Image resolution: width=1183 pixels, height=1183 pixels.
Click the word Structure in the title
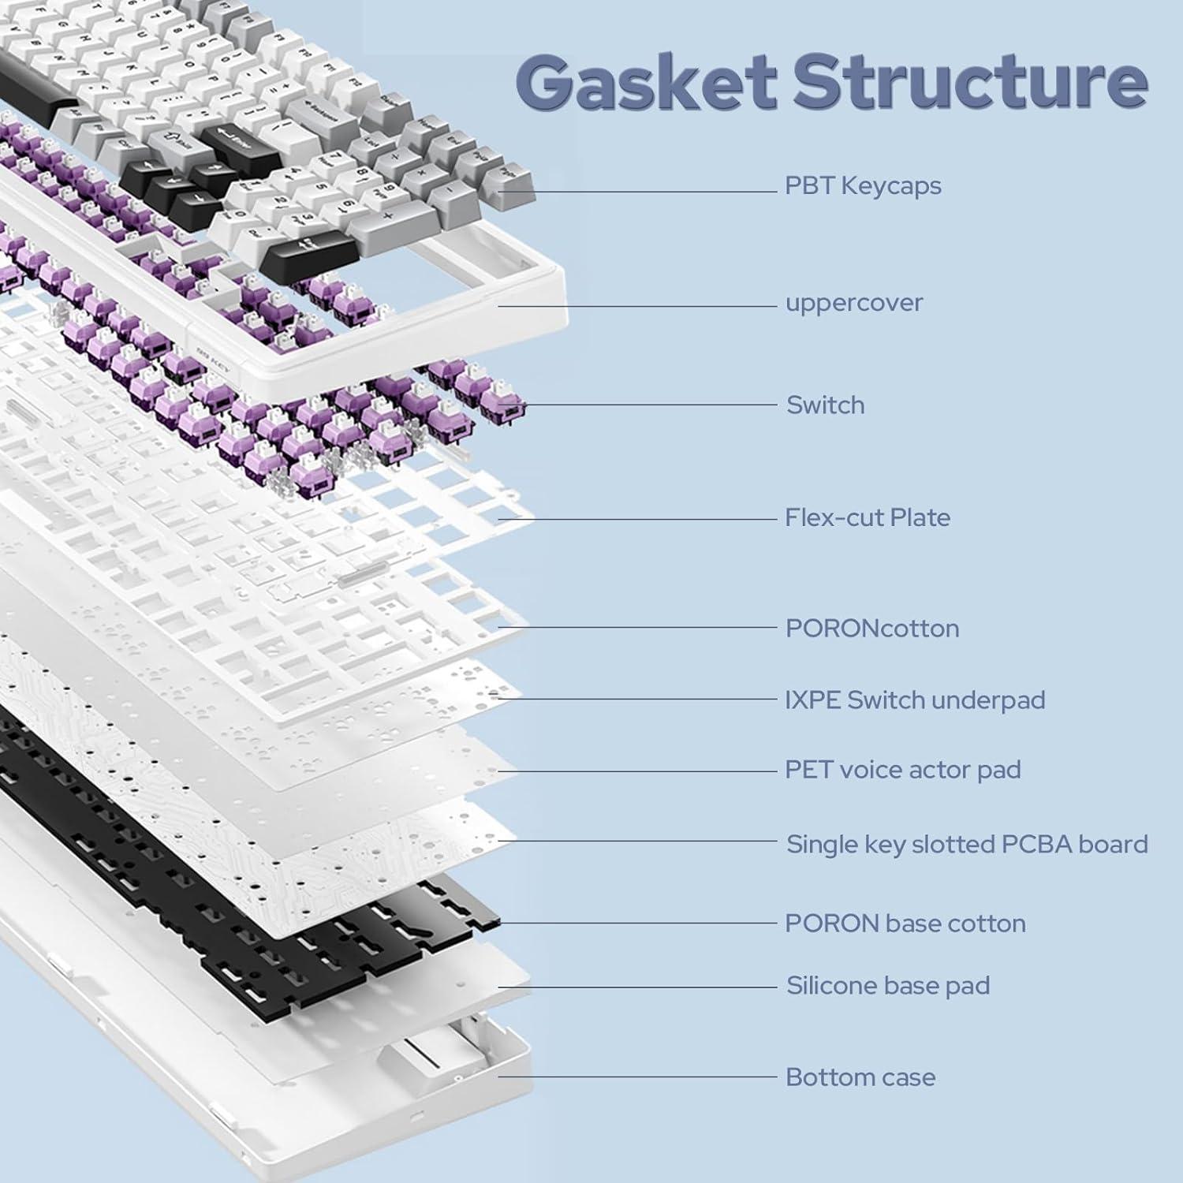coord(970,81)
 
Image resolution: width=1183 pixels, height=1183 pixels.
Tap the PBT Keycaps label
coord(863,186)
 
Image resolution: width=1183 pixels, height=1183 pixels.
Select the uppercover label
coord(854,303)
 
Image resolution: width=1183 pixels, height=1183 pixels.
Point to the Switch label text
coord(825,405)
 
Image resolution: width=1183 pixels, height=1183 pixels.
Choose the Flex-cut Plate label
coord(868,518)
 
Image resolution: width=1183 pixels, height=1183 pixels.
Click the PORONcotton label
coord(872,629)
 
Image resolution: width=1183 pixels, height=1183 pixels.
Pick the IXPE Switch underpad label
coord(915,700)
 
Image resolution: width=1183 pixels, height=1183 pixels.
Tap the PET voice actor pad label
coord(902,770)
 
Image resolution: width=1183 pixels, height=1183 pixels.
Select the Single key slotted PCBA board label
coord(967,845)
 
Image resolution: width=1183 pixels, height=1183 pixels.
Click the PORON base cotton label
coord(905,924)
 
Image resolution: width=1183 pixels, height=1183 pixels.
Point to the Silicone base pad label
coord(888,986)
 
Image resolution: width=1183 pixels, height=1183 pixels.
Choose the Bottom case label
coord(860,1077)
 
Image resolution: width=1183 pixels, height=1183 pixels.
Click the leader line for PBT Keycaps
coord(639,192)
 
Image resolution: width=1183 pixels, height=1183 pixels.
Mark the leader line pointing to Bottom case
coord(639,1077)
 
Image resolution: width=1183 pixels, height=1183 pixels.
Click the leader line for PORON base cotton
coord(639,923)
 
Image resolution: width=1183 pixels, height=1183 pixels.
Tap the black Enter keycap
coord(237,142)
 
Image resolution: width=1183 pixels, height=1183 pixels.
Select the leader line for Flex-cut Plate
coord(639,519)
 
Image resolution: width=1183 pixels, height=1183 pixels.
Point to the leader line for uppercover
coord(639,306)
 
